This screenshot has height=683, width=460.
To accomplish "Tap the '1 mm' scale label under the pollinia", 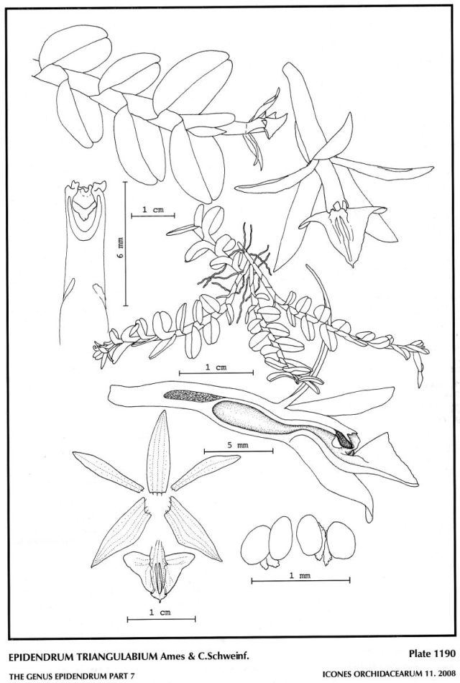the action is coord(300,575).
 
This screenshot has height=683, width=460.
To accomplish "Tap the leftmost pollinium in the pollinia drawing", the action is coord(255,544).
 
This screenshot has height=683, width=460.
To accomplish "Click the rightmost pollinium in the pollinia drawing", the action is coord(341,540).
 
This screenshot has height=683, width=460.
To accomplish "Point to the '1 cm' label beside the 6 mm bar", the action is coord(153,209).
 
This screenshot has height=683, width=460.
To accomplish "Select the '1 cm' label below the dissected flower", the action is coord(160,612).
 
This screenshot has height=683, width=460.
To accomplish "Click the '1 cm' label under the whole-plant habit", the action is coord(216,367).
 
